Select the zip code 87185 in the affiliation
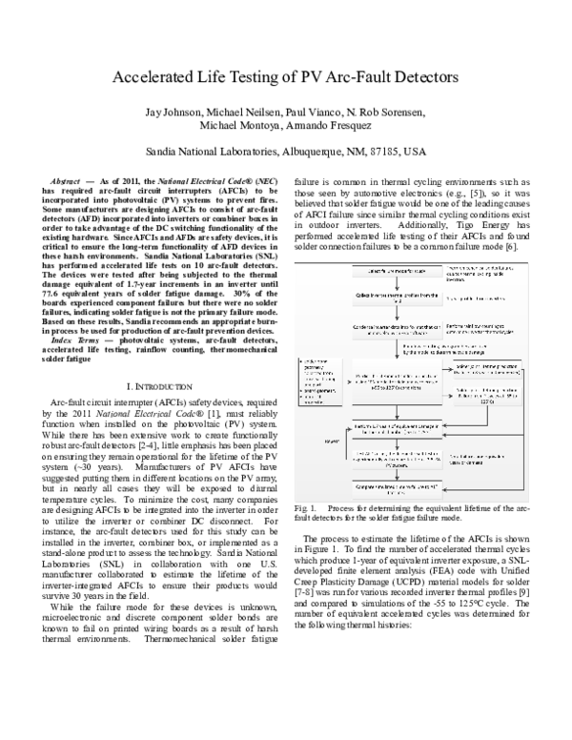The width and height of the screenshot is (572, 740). [x=380, y=152]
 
